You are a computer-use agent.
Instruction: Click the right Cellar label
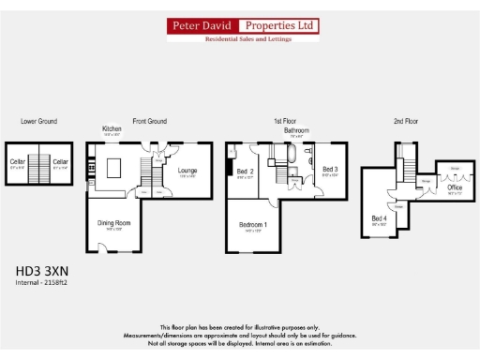pos(61,162)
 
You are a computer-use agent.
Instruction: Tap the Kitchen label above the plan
pos(112,128)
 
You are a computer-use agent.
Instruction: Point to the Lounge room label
pos(187,170)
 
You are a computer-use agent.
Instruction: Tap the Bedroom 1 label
pos(252,225)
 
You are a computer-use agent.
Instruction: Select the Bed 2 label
pos(246,172)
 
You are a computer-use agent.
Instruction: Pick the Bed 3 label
pos(330,170)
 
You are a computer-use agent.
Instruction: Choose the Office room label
pos(455,187)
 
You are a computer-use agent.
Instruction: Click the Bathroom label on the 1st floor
pos(296,130)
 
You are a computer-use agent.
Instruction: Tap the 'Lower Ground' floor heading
pos(39,121)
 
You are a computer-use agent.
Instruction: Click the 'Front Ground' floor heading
pos(149,121)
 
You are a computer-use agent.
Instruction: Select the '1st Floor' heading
pos(286,121)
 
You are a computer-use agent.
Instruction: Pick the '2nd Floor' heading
pos(406,121)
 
